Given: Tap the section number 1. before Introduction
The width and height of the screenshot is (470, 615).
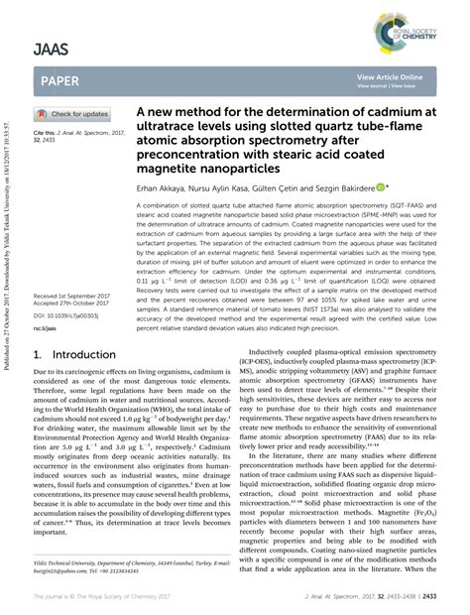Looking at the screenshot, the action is point(38,352).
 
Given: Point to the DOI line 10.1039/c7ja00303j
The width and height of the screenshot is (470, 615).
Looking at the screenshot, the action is point(66,313).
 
